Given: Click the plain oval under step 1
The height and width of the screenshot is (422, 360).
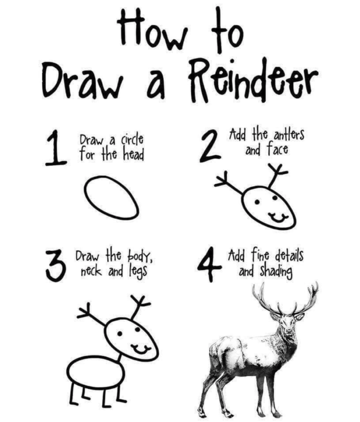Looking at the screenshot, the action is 111,197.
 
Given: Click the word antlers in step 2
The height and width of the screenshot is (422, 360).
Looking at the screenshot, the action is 289,134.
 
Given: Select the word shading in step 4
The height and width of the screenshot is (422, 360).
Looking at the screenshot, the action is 276,272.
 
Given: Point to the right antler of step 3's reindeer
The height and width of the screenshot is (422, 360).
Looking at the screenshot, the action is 139,307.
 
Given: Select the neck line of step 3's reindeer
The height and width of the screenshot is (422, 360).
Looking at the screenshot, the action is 119,359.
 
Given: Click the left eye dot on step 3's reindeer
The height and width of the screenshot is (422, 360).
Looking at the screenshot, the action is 119,334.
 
